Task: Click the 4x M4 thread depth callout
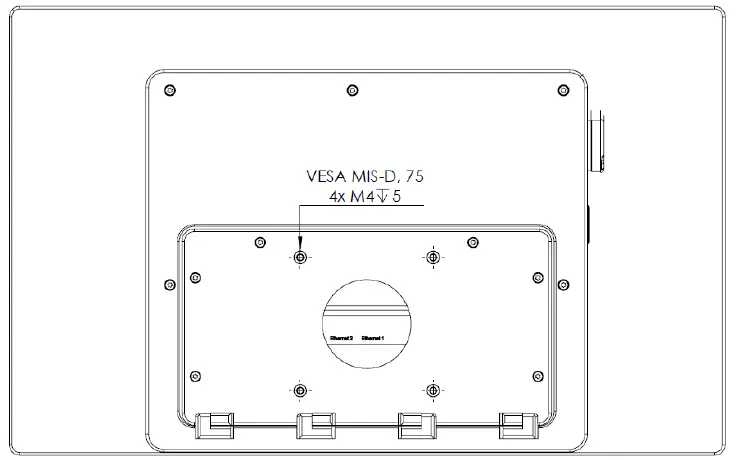[x=363, y=198]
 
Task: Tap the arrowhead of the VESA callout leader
[x=300, y=248]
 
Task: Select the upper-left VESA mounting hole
[x=300, y=258]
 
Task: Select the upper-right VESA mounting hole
[x=432, y=258]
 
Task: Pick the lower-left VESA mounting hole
[x=300, y=389]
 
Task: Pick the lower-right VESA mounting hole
[x=432, y=389]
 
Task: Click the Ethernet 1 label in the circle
[x=373, y=338]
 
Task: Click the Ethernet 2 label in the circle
[x=341, y=338]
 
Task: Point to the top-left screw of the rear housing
[x=170, y=91]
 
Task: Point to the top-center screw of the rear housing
[x=351, y=91]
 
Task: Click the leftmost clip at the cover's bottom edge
[x=212, y=425]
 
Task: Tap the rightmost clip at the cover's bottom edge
[x=518, y=425]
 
